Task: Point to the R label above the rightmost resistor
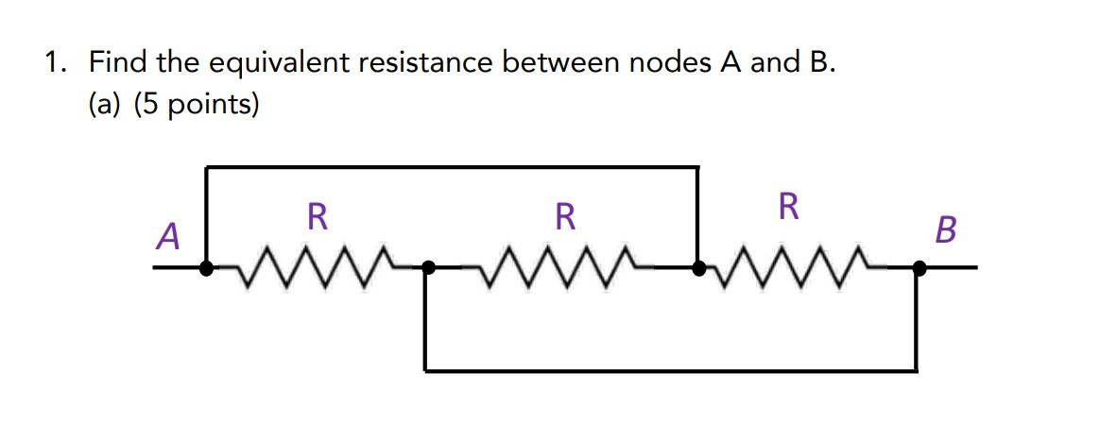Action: [x=788, y=205]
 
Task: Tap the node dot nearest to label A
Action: [x=206, y=269]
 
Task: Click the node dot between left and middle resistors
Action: [x=427, y=269]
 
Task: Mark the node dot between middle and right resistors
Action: [x=698, y=269]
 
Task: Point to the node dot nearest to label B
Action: [x=916, y=269]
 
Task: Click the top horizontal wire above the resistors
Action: [x=452, y=168]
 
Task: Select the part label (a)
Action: [x=107, y=104]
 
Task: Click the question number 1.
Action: [x=57, y=63]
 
